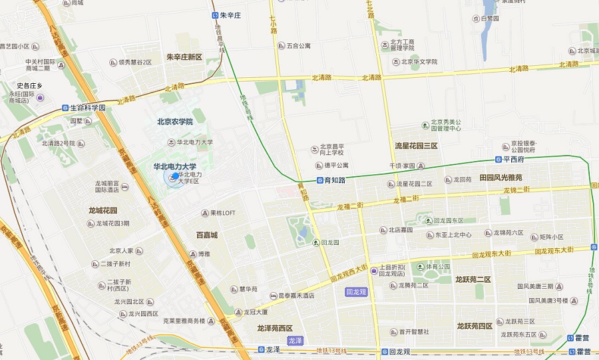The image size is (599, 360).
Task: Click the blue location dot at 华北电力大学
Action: click(176, 176)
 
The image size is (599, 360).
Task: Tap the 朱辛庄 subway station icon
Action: click(215, 14)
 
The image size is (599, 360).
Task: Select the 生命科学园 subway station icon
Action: click(65, 107)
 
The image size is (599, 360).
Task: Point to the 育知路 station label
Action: click(335, 180)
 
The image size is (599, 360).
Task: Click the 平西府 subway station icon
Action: click(498, 159)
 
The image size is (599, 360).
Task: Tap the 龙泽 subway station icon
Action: click(259, 349)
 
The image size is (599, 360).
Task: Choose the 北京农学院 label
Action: click(174, 122)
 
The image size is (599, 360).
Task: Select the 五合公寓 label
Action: click(299, 47)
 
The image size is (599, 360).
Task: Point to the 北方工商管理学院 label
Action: click(402, 45)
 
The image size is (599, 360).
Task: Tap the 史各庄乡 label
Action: click(29, 86)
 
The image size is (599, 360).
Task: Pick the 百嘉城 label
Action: click(206, 235)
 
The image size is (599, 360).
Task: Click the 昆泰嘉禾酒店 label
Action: click(296, 295)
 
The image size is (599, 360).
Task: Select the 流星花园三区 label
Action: click(416, 146)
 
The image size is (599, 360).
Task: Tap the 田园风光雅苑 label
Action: click(500, 178)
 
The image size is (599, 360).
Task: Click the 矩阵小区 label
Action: click(552, 237)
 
